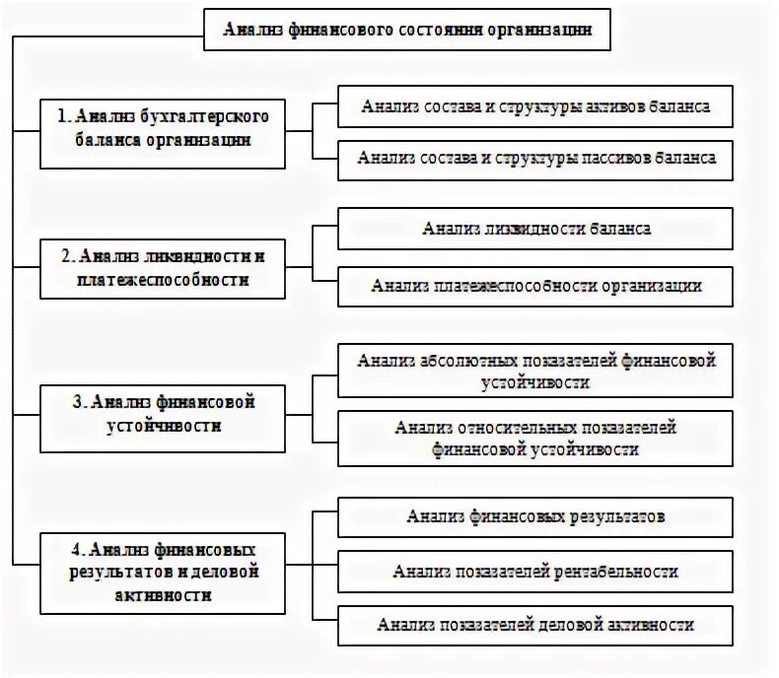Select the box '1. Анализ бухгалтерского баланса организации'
pos(163,128)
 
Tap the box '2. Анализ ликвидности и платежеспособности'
pos(163,268)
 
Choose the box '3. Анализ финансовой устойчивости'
pos(163,414)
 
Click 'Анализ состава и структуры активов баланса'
pos(535,106)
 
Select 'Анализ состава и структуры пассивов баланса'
pos(535,158)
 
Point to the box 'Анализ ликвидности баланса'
pos(535,229)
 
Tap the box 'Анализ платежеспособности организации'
pos(535,286)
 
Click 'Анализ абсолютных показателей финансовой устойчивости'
pos(535,371)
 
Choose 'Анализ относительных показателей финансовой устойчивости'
pos(535,438)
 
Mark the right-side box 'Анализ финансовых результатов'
pos(535,516)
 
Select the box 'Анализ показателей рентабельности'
pos(535,572)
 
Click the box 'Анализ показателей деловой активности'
pos(535,625)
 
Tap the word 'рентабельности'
pos(623,572)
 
